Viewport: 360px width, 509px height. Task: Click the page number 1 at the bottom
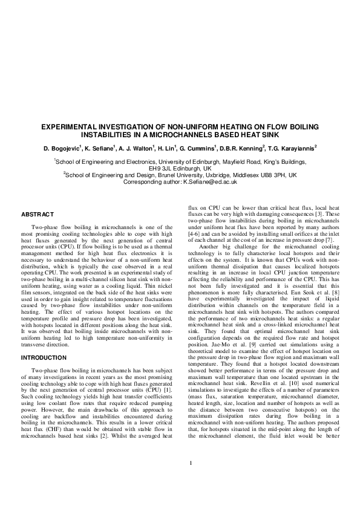(x=191, y=480)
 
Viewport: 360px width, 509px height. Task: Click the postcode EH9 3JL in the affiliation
(x=160, y=168)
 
